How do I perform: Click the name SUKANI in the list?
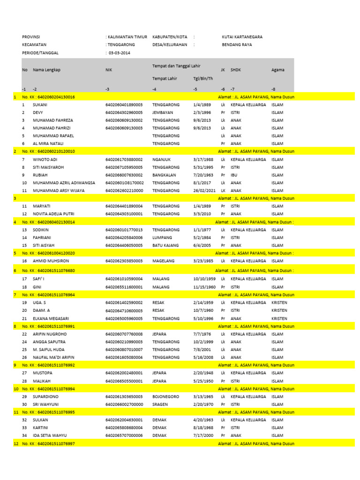tap(40, 105)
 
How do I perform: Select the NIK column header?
tap(109, 70)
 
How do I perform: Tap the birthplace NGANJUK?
tap(161, 159)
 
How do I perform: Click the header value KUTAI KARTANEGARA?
tap(242, 37)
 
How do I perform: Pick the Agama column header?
tap(277, 70)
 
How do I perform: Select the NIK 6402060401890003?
tap(124, 105)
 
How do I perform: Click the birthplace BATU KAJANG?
tap(165, 245)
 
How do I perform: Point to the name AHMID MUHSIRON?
tap(52, 261)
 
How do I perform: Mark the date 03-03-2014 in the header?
tap(120, 53)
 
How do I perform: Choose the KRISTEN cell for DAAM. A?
tap(279, 310)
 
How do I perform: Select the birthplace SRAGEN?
tap(160, 404)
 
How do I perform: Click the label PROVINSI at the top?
tap(31, 37)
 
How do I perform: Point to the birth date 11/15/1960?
tap(204, 287)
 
